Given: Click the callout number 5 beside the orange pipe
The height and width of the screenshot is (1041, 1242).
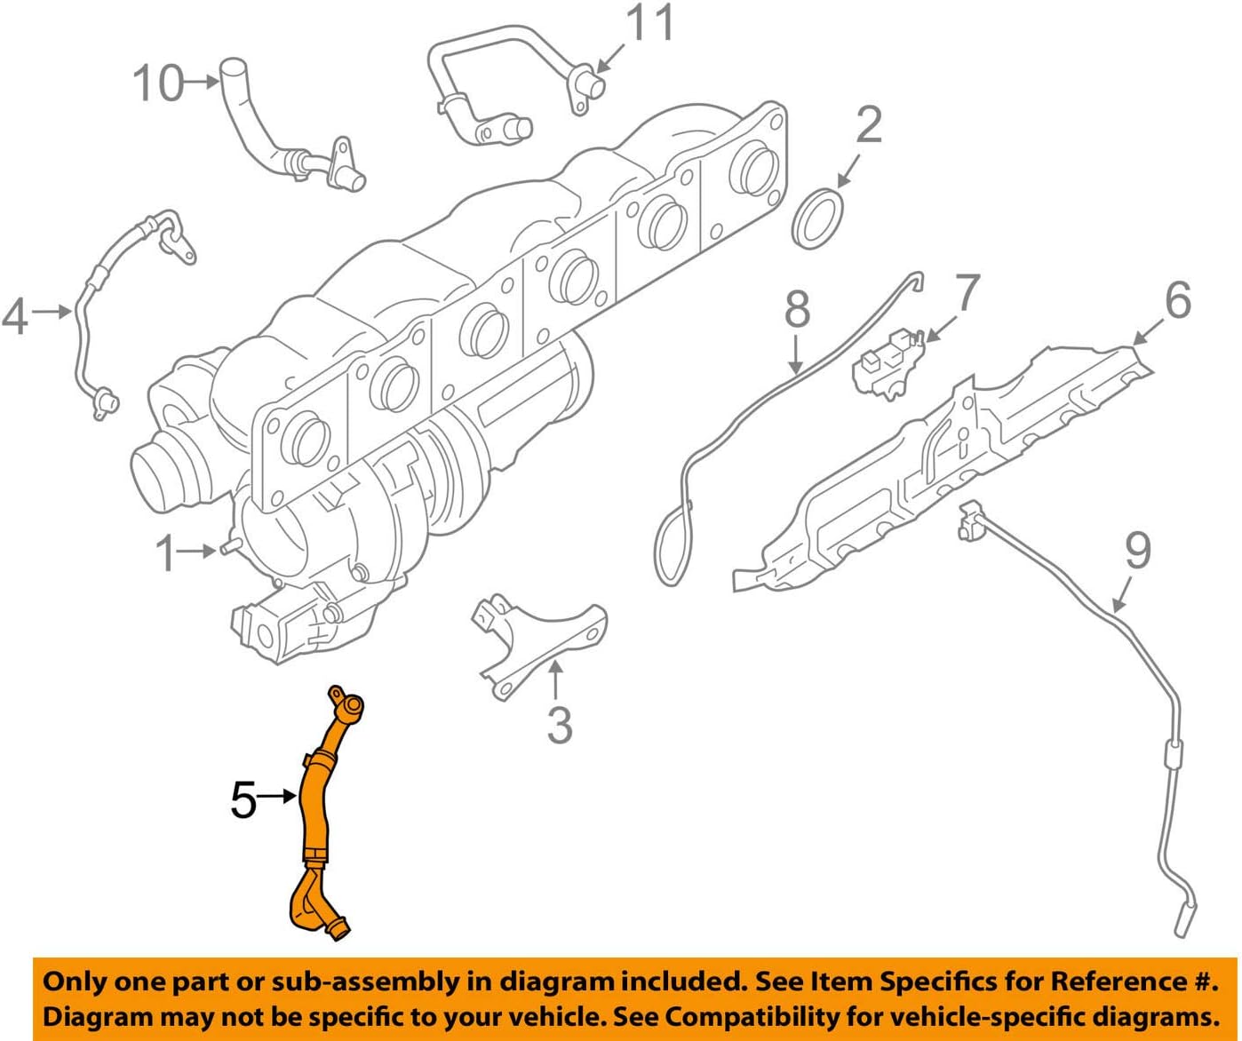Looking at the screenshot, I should coord(243,800).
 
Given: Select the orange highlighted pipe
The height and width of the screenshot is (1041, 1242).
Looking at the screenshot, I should coord(316,808).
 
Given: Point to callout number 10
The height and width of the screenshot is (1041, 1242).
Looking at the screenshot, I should coord(158,83).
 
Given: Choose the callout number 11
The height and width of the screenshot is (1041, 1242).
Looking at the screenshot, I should coord(651,24).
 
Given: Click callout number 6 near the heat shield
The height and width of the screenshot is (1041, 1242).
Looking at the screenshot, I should coord(1177,300).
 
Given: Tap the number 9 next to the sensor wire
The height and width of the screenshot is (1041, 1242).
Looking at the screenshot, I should coord(1137,550).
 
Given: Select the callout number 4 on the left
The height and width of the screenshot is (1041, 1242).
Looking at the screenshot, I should coord(15,315).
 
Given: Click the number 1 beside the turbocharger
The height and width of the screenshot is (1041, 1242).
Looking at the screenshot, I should coord(165,553).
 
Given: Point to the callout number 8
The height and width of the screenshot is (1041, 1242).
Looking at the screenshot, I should coord(797,309).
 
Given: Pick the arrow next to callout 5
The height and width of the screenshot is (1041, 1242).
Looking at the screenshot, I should coord(278,797).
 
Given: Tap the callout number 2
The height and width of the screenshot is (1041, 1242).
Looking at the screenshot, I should coord(867,125).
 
